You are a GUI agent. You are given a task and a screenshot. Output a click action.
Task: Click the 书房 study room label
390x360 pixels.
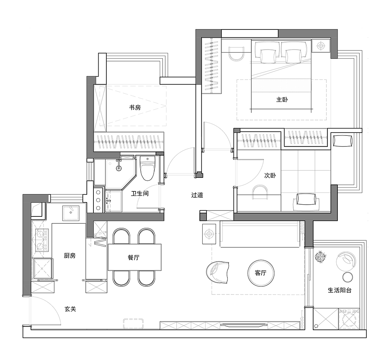(135, 107)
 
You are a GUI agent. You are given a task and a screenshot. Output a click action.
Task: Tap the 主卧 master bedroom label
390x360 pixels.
(282, 99)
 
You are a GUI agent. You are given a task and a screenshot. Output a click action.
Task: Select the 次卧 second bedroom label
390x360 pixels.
(270, 175)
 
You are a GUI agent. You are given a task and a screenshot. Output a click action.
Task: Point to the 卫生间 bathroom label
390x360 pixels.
(140, 193)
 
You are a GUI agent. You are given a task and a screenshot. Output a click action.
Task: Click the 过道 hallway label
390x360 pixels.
(197, 195)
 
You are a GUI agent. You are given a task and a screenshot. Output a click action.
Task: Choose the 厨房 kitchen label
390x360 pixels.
(70, 255)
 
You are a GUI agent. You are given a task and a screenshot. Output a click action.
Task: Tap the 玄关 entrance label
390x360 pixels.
(70, 309)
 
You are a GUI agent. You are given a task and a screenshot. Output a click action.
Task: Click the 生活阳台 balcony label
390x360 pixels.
(340, 290)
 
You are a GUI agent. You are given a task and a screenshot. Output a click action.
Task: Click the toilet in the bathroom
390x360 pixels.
(147, 168)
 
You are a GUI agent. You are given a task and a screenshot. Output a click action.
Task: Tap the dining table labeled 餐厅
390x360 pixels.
(135, 257)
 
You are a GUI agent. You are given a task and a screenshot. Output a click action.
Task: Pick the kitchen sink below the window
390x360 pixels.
(71, 213)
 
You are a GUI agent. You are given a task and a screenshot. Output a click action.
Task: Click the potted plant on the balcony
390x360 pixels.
(320, 257)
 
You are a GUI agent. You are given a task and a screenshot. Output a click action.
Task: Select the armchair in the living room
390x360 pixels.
(217, 272)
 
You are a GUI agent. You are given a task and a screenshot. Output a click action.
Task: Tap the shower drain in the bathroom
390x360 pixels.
(119, 168)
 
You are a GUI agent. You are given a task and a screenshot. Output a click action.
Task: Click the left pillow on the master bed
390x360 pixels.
(268, 56)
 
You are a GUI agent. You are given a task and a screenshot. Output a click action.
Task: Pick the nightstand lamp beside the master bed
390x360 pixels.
(321, 46)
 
